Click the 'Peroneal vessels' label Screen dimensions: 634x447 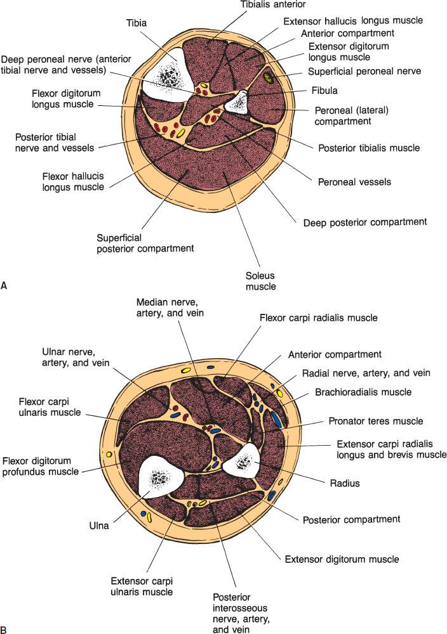point(354,181)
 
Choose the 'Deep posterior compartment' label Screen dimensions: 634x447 point(364,222)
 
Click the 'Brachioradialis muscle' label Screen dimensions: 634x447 point(363,392)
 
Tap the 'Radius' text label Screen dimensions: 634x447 point(344,483)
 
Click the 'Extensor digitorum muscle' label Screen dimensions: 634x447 point(342,559)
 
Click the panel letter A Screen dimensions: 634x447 point(5,287)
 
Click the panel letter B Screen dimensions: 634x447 point(5,629)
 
